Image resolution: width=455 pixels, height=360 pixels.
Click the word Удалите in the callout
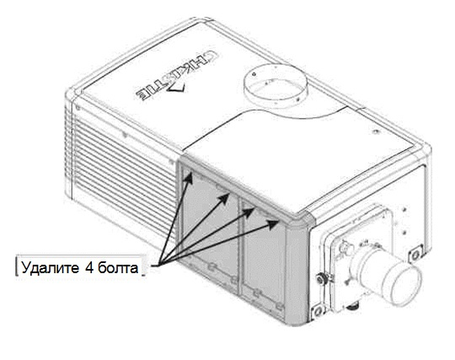[x=50, y=267]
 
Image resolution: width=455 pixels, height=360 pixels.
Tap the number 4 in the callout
[x=89, y=267]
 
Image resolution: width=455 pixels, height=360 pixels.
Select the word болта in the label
[x=118, y=267]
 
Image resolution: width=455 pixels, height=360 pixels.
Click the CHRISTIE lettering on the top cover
[x=177, y=76]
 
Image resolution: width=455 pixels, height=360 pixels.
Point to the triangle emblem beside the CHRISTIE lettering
[x=176, y=87]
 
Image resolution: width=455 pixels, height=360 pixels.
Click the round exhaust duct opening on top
[x=275, y=86]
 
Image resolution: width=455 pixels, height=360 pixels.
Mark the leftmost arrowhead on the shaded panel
[x=189, y=178]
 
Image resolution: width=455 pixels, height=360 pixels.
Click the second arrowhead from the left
[x=224, y=199]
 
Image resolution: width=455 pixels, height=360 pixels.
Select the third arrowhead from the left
[x=249, y=212]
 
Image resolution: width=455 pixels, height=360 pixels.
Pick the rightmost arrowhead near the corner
[x=273, y=224]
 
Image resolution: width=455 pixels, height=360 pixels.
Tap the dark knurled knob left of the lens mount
[x=321, y=279]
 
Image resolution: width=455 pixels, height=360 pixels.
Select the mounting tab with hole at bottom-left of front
[x=318, y=311]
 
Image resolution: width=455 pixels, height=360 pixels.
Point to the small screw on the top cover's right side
[x=376, y=132]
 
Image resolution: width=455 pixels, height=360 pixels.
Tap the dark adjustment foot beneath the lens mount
[x=353, y=305]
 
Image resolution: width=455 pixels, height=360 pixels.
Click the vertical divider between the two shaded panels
[x=239, y=247]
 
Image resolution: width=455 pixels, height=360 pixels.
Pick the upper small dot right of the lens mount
[x=404, y=208]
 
